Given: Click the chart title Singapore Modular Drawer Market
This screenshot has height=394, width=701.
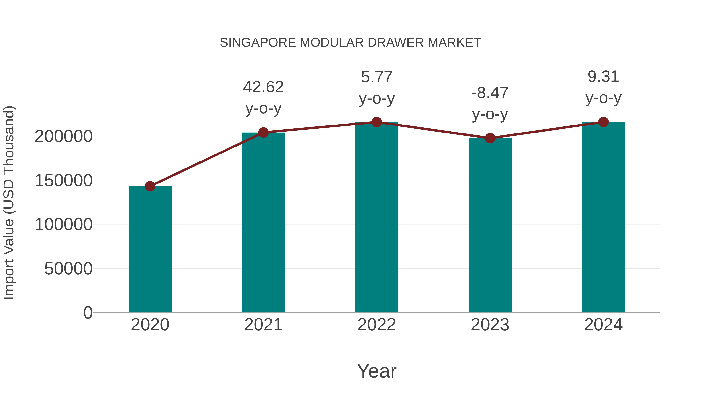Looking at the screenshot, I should pos(350,43).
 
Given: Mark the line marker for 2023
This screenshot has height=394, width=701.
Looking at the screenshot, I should pos(490,138).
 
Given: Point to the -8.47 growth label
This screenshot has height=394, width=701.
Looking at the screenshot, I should pos(490,93).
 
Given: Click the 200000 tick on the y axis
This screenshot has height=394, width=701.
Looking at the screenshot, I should pos(64,136).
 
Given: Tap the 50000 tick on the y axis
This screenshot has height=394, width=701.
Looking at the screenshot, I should pos(68,269).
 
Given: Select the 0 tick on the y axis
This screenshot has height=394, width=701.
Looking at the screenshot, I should pos(88,312).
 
